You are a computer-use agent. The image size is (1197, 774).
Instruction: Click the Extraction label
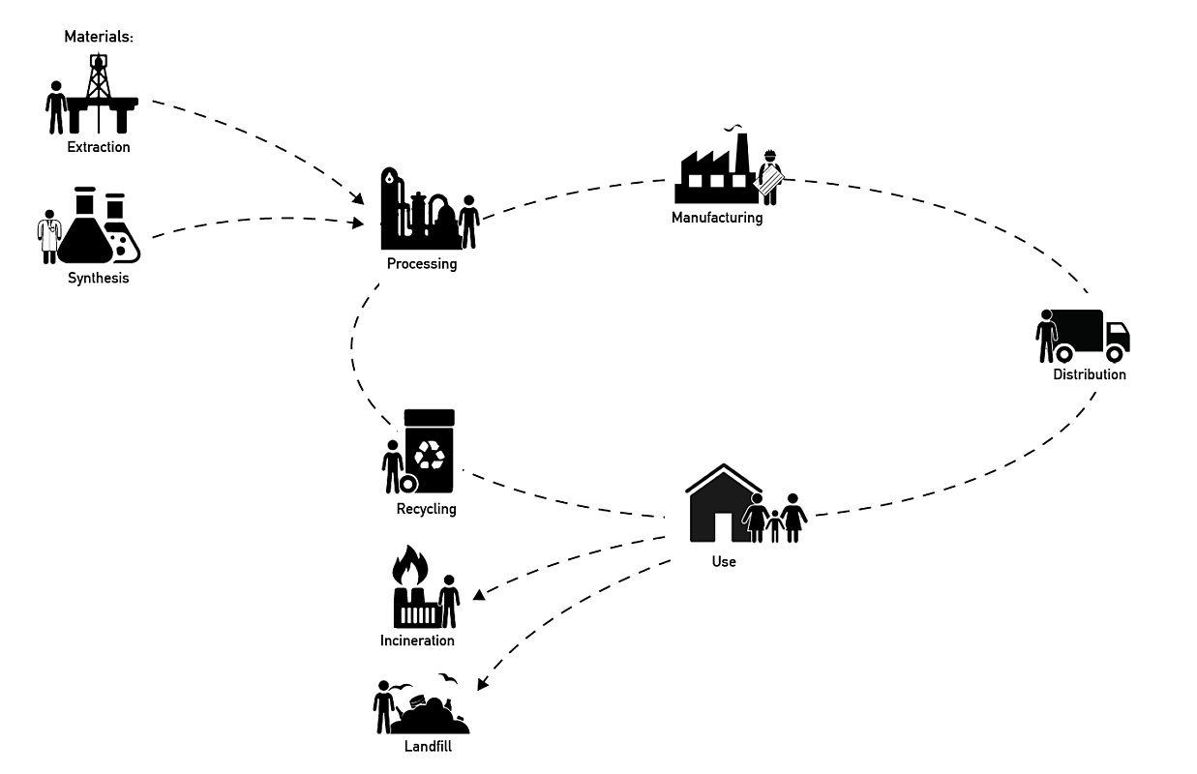(x=99, y=147)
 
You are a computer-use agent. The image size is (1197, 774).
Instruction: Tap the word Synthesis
(x=99, y=278)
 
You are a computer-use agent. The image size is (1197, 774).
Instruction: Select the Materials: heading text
(x=99, y=37)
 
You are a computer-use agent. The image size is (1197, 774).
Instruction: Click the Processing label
(x=422, y=264)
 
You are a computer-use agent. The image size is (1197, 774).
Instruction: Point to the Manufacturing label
(x=717, y=218)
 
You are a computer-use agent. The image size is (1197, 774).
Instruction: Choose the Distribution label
(x=1089, y=374)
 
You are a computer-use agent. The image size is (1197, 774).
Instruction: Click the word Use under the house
(x=724, y=561)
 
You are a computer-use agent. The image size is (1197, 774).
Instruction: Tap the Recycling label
(x=426, y=509)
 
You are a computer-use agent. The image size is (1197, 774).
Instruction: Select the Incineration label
(x=417, y=640)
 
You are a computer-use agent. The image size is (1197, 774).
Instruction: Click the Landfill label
(x=428, y=746)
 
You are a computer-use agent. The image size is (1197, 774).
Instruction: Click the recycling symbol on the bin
(x=430, y=455)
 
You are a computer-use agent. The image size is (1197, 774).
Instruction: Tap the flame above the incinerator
(x=410, y=566)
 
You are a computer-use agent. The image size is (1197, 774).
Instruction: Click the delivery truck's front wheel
(x=1115, y=353)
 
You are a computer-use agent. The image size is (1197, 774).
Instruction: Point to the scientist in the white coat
(x=49, y=237)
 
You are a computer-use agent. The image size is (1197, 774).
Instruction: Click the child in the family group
(x=774, y=526)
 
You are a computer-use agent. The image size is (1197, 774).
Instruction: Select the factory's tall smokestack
(x=741, y=154)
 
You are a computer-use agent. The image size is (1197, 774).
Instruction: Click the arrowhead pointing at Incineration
(x=479, y=594)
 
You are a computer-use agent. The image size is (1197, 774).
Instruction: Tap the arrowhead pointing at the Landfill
(x=482, y=684)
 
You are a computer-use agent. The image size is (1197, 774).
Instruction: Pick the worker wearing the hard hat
(x=770, y=177)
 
